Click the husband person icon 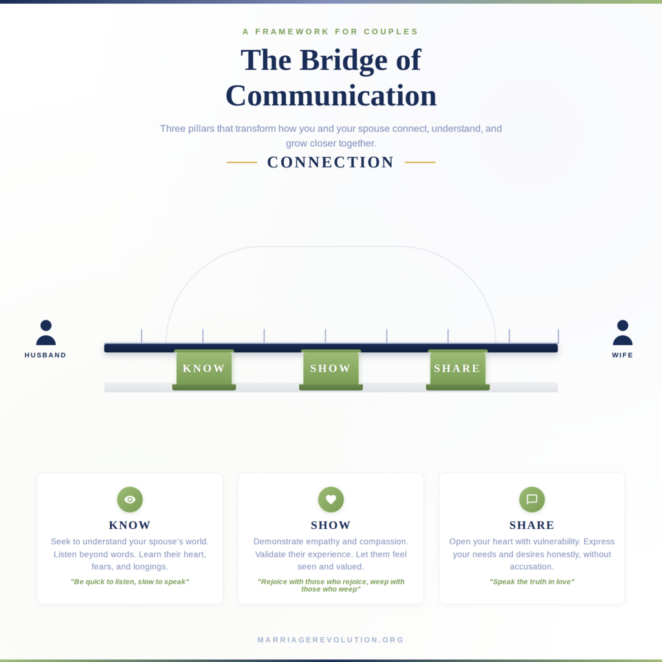[46, 333]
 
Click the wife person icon [623, 333]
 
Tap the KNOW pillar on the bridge [204, 369]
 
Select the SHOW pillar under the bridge [331, 369]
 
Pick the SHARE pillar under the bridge [458, 369]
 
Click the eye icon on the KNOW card [130, 500]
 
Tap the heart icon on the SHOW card [331, 500]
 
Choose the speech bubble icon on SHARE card [532, 500]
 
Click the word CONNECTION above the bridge [330, 162]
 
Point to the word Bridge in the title [343, 60]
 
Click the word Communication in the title [331, 96]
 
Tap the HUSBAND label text [46, 355]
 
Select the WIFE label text [623, 355]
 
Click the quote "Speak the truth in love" [532, 582]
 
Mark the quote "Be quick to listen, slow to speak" [130, 582]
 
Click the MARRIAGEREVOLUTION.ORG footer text [331, 640]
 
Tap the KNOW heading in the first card [129, 525]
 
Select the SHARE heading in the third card [532, 525]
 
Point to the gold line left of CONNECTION [242, 162]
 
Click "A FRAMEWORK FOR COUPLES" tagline [330, 32]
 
